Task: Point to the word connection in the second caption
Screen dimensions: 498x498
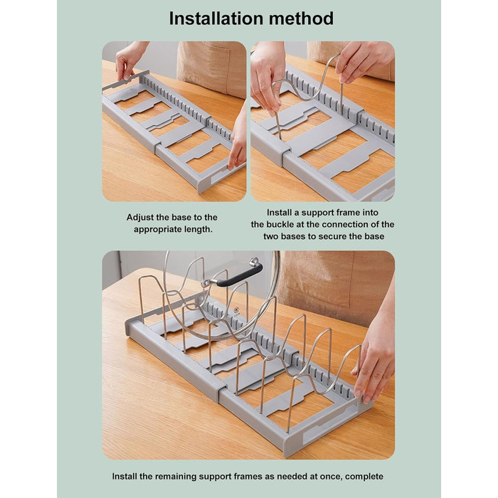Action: click(346, 225)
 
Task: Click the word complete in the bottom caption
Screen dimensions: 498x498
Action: click(364, 477)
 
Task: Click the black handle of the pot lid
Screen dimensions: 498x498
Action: click(239, 277)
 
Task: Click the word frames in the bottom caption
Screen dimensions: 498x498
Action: click(248, 477)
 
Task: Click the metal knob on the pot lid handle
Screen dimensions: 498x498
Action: click(254, 262)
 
